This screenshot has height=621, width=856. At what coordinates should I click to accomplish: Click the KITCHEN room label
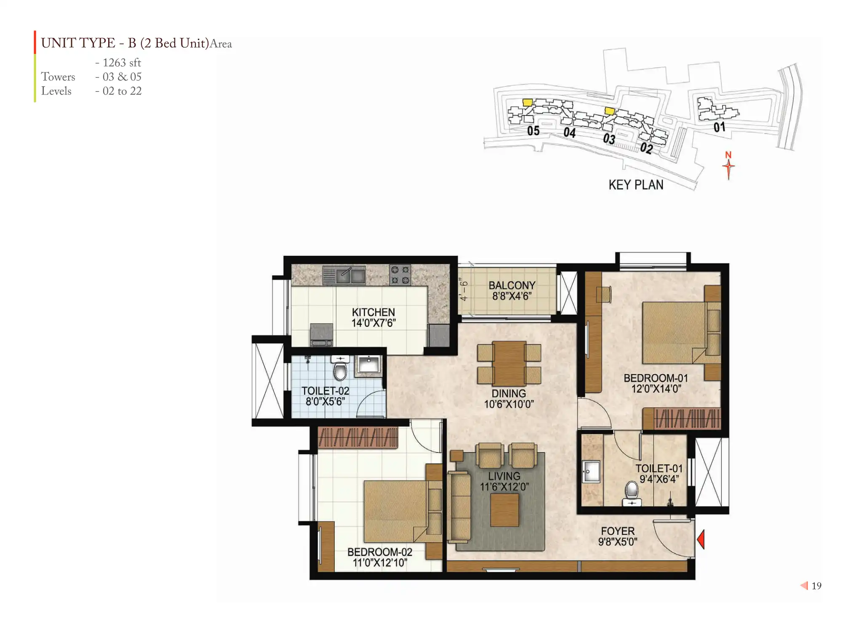[373, 312]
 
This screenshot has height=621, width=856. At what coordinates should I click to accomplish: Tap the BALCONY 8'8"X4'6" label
[512, 291]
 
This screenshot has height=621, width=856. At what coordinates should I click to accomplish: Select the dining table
[509, 364]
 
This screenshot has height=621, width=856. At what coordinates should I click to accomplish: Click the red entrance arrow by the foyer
[701, 539]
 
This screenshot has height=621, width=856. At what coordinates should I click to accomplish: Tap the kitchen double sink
[344, 275]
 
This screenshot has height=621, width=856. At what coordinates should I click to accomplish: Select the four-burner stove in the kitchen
[400, 275]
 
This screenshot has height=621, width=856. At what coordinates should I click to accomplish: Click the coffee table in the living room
[504, 510]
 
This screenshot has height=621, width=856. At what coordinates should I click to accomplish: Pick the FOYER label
[618, 531]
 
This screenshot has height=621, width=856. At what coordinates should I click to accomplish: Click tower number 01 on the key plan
[719, 127]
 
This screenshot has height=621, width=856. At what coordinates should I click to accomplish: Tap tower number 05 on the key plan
[533, 131]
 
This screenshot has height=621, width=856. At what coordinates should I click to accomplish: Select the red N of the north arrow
[728, 155]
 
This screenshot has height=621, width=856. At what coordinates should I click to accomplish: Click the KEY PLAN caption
[636, 185]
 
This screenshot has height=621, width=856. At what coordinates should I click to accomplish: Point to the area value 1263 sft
[122, 63]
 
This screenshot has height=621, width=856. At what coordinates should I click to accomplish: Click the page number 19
[816, 586]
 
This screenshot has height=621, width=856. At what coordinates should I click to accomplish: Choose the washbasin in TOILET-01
[591, 471]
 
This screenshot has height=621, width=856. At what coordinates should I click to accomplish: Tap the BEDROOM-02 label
[380, 552]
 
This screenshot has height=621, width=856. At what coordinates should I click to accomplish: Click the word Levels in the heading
[56, 91]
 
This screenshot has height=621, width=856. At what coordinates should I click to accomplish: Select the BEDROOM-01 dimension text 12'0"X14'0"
[656, 388]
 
